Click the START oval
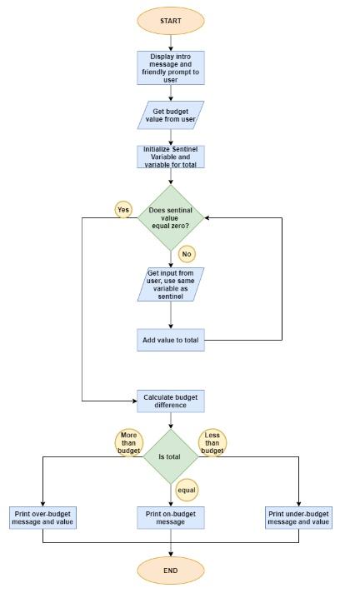[x=170, y=21]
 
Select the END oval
[x=170, y=571]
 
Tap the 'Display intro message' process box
[x=170, y=68]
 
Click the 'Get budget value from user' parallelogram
[x=170, y=115]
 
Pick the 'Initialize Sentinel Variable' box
[x=170, y=157]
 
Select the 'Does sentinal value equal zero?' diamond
[x=170, y=217]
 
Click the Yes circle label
[x=123, y=210]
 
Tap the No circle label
[x=187, y=253]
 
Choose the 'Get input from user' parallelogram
[x=170, y=284]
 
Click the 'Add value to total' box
[x=170, y=340]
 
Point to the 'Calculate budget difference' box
[x=170, y=401]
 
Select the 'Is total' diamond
[x=170, y=456]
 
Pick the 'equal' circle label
[x=187, y=491]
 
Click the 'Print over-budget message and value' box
[x=42, y=518]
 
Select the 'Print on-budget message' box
[x=170, y=518]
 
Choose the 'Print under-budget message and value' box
[x=298, y=518]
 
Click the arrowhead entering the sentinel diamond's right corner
[x=207, y=218]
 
